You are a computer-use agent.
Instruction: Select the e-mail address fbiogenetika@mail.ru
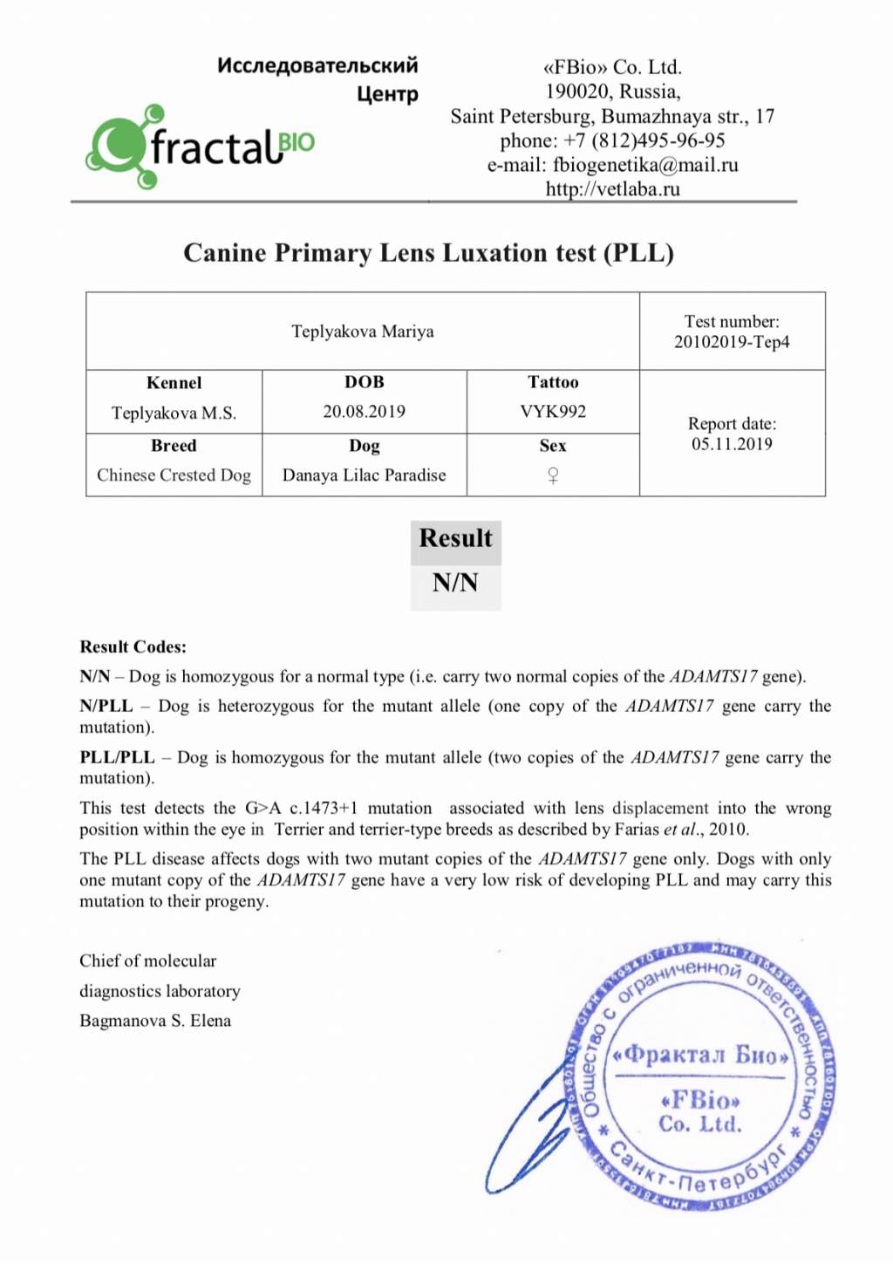point(645,165)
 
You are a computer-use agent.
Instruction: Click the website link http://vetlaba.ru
point(612,188)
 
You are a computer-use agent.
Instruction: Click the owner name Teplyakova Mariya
point(362,332)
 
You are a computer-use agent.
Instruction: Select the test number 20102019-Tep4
point(732,342)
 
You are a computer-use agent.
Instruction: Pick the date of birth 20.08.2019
point(364,412)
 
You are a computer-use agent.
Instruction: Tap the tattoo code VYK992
point(553,412)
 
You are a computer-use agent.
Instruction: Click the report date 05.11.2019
point(732,444)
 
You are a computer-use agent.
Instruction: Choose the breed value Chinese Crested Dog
point(174,475)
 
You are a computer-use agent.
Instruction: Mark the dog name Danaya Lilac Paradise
point(364,475)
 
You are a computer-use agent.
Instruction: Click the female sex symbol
point(553,475)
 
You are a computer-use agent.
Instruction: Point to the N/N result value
point(455,583)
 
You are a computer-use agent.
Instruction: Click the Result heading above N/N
point(455,538)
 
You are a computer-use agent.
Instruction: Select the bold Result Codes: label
point(133,647)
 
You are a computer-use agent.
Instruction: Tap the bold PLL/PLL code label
point(117,757)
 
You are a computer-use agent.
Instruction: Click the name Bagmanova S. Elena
point(155,1021)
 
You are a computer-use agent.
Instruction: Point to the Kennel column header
point(174,383)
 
